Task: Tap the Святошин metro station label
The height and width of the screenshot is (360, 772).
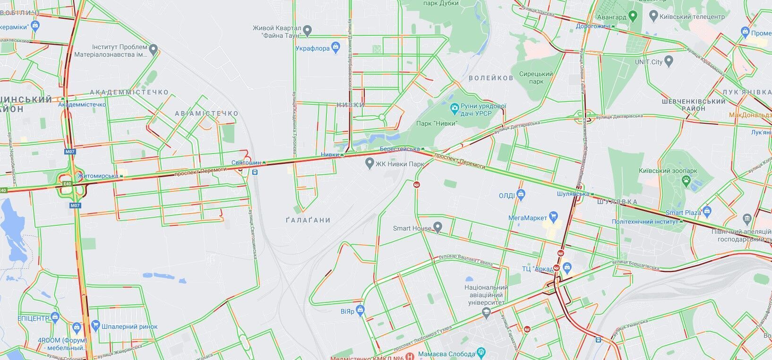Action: coord(246,163)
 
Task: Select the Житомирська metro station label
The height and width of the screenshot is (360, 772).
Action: coord(98,176)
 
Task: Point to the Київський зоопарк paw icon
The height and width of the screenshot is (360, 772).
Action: coord(686,180)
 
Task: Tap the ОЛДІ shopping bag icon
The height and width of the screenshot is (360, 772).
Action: coord(521,194)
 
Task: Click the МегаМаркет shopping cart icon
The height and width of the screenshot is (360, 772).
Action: coord(554,217)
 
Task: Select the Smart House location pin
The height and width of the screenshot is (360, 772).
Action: coord(437,228)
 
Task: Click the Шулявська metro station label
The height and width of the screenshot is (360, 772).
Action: coord(572,194)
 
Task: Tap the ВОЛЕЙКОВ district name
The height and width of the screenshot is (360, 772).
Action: coord(490,78)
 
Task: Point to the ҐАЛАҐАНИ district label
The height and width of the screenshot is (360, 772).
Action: coord(308,220)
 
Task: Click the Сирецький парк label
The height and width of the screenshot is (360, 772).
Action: coord(536,77)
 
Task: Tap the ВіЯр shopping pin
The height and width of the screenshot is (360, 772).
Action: coord(360,310)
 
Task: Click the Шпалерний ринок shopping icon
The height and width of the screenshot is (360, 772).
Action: coord(96,326)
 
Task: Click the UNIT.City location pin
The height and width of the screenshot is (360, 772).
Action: coord(668,61)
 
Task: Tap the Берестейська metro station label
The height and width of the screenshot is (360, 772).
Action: coord(399,149)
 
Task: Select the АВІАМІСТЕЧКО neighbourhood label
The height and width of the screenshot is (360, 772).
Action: coord(206,113)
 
